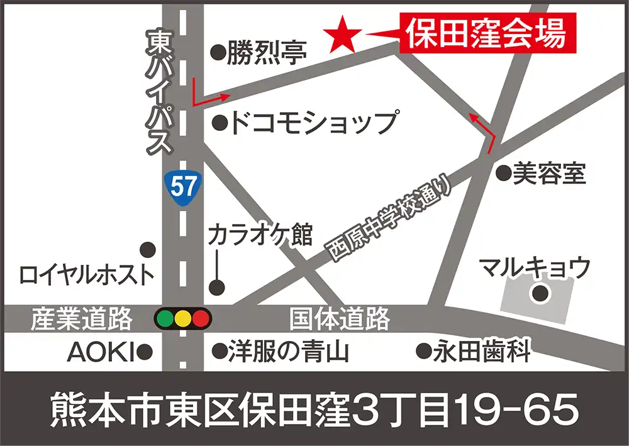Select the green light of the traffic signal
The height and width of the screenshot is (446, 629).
[165, 319]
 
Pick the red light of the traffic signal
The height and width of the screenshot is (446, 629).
[201, 319]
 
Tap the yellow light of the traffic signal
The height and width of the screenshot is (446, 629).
[183, 319]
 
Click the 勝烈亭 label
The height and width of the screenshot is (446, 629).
[267, 52]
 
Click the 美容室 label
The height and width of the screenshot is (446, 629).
[549, 173]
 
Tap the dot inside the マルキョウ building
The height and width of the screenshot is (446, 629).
[540, 293]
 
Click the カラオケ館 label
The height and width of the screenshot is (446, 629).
[260, 235]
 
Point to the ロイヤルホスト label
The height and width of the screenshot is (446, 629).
[87, 274]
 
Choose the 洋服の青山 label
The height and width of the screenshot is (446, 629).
[289, 351]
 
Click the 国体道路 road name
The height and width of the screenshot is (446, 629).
[340, 320]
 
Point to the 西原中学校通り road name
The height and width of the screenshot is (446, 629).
[390, 217]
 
